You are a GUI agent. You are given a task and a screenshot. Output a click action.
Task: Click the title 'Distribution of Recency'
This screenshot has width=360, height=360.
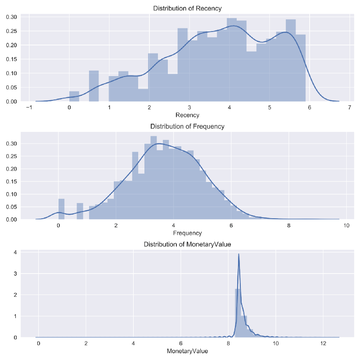[187, 9]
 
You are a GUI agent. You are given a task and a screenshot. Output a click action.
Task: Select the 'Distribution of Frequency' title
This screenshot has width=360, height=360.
[187, 126]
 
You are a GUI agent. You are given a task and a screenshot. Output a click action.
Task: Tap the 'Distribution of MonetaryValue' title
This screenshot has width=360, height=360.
[187, 244]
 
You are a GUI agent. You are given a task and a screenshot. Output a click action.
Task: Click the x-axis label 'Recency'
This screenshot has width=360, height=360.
[187, 115]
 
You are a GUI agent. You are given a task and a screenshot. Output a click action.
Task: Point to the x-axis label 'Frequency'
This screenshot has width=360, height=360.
[187, 233]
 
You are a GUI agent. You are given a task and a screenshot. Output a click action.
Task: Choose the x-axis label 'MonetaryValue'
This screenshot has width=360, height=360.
[187, 351]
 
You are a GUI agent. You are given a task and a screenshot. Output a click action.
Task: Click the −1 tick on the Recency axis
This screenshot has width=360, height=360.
[29, 108]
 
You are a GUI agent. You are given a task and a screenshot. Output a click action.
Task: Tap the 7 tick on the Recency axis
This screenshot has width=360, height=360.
[350, 108]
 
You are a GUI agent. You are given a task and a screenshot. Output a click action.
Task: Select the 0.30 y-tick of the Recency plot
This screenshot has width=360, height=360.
[11, 17]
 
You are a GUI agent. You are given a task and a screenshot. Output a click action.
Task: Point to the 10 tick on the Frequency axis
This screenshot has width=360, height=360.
[346, 226]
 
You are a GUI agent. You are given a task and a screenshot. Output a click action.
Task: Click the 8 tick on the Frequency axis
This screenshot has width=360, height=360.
[288, 226]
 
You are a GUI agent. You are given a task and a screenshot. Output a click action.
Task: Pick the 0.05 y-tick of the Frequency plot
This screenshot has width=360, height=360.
[11, 207]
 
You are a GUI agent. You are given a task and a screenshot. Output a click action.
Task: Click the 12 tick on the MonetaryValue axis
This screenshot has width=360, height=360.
[323, 344]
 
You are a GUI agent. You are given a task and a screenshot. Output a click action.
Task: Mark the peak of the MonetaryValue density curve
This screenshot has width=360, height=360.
[238, 254]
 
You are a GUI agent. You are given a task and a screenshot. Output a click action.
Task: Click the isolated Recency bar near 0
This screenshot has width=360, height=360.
[74, 96]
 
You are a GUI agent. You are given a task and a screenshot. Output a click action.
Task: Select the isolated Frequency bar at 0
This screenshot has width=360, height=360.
[61, 209]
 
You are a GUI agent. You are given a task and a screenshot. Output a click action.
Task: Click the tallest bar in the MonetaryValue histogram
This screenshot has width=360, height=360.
[238, 313]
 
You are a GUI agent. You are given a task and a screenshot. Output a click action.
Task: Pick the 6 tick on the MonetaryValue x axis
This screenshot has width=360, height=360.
[180, 344]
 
